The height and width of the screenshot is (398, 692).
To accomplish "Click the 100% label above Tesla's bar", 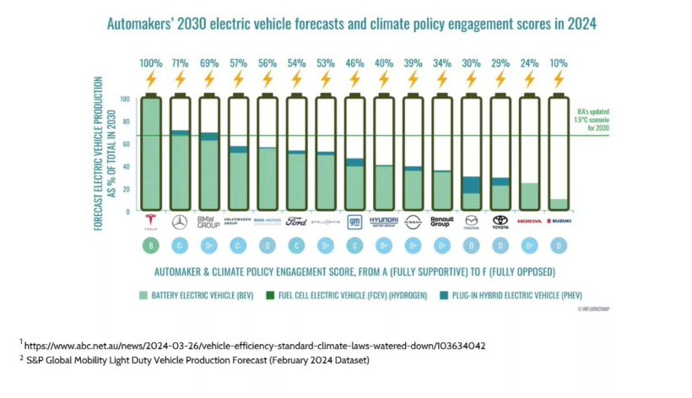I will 151,63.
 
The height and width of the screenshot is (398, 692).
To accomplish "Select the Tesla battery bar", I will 151,152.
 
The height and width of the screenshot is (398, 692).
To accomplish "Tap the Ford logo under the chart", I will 296,223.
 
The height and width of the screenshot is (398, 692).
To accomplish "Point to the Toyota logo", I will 500,222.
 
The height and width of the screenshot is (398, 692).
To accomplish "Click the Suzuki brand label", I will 558,221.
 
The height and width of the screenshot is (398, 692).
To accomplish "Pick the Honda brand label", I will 529,221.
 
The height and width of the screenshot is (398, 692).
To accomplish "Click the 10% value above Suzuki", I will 558,63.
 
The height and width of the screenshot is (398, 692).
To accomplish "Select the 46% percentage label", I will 354,63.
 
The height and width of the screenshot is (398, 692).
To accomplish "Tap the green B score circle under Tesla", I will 151,245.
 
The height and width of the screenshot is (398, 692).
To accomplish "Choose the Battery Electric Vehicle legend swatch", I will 146,295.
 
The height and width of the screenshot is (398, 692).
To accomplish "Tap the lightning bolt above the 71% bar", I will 180,80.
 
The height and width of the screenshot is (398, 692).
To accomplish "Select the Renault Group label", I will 441,222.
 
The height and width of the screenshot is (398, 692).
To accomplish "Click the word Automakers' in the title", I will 139,24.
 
